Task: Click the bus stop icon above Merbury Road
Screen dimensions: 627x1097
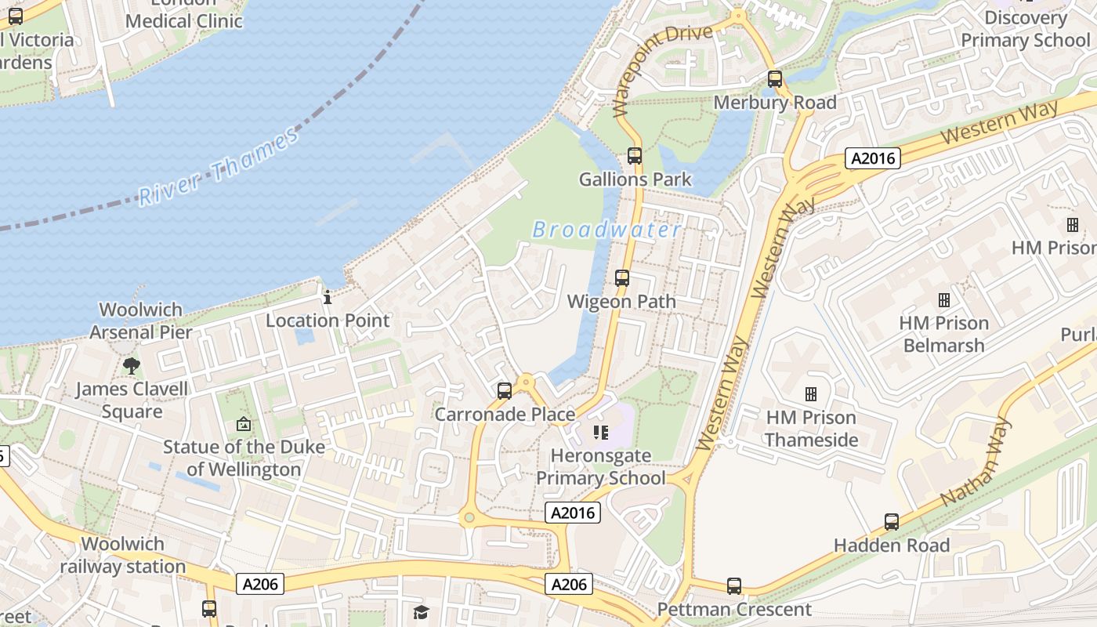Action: point(775,79)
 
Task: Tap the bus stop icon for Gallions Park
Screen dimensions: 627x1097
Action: point(635,156)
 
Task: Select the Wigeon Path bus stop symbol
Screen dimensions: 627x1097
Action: point(622,278)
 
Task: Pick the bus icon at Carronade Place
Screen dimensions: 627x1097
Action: point(505,390)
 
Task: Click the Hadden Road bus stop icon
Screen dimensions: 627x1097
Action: point(892,522)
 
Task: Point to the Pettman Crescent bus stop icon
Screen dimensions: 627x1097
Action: point(734,586)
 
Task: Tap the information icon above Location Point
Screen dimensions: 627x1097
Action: point(328,297)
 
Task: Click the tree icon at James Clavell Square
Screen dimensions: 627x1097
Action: point(132,365)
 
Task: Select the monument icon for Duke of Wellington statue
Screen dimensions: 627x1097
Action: point(244,424)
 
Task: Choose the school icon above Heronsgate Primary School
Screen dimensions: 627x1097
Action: point(601,433)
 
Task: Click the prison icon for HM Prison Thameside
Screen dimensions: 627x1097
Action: point(811,393)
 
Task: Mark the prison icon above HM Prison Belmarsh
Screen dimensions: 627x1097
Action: point(944,299)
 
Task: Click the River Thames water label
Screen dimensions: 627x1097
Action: point(219,166)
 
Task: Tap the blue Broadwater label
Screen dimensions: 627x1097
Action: point(606,230)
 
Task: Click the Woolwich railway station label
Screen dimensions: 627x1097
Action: point(123,555)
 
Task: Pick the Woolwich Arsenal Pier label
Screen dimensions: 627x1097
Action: point(141,321)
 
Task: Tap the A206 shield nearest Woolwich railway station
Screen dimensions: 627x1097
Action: point(259,583)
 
